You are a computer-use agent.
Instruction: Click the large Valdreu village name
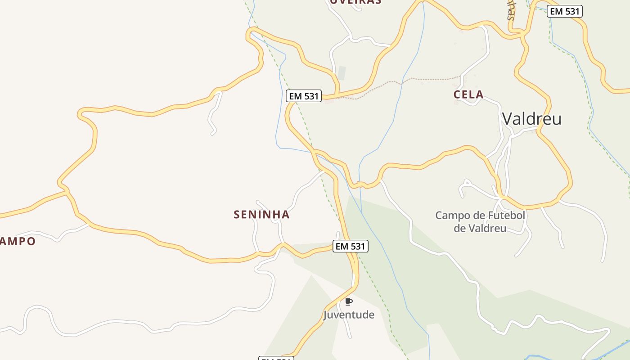tap(531, 119)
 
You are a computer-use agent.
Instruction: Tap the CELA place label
tap(468, 94)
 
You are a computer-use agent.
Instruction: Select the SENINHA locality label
tap(261, 215)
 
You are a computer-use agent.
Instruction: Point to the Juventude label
tap(349, 315)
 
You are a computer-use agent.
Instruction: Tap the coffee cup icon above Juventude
tap(348, 301)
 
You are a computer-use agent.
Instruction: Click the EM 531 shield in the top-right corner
tap(565, 11)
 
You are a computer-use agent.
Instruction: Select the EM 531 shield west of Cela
tap(304, 96)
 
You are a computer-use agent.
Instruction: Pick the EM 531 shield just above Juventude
tap(351, 246)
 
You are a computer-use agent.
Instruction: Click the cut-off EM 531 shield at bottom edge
tap(276, 358)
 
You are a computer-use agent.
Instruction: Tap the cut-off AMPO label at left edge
tap(17, 241)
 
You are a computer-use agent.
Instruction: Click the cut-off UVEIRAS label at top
tap(355, 2)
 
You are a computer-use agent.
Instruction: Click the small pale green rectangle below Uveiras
tap(342, 73)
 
